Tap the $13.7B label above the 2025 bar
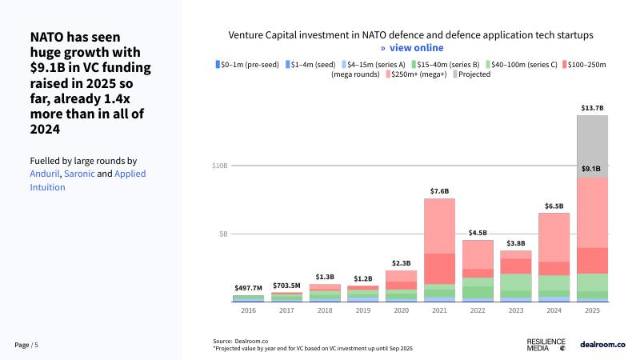(x=592, y=107)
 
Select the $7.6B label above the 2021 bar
(x=439, y=191)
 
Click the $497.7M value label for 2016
(x=248, y=287)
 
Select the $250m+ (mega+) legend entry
(x=417, y=74)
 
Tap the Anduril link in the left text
(x=44, y=174)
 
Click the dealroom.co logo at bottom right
(x=602, y=344)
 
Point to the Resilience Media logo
(x=548, y=344)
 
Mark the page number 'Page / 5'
(x=26, y=345)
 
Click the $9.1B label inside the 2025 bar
(x=592, y=169)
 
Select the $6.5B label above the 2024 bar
(x=554, y=206)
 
